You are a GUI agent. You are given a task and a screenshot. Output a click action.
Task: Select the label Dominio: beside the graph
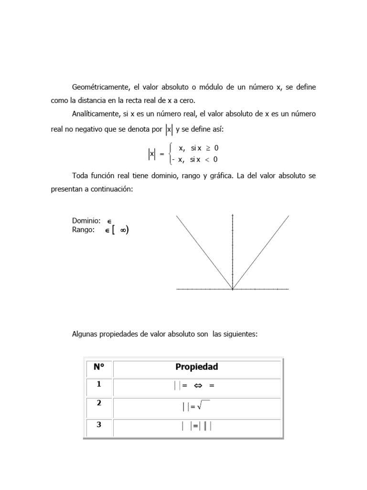click(x=86, y=221)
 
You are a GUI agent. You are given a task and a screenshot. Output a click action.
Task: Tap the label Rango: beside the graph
click(x=83, y=230)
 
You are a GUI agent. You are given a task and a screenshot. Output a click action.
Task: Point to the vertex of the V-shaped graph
click(x=232, y=289)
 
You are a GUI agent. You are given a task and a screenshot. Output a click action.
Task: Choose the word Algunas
click(x=85, y=334)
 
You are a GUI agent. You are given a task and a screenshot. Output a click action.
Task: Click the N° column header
click(x=99, y=367)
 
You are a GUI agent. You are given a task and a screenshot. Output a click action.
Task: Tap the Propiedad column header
click(x=196, y=367)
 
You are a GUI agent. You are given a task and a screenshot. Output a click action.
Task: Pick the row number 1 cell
click(x=99, y=384)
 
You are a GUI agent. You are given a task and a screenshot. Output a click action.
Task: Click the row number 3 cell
click(x=99, y=424)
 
